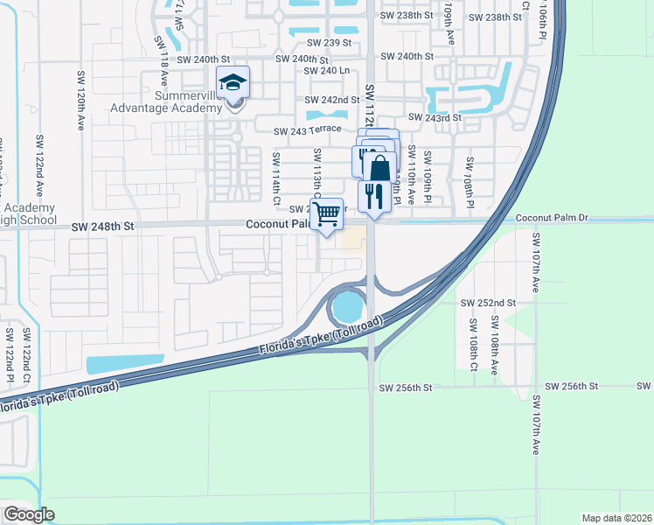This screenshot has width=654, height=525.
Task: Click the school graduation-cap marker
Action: coord(233,83)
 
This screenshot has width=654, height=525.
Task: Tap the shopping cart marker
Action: coord(327,213)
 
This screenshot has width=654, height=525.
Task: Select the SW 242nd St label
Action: coord(331,101)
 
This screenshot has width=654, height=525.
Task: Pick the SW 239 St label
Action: coord(328,42)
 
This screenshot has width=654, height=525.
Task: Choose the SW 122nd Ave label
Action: coord(39,162)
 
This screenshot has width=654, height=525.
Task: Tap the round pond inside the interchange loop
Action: coord(347,306)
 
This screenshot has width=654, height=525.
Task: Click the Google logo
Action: coord(29,514)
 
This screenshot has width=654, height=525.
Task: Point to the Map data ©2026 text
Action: coord(616,518)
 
